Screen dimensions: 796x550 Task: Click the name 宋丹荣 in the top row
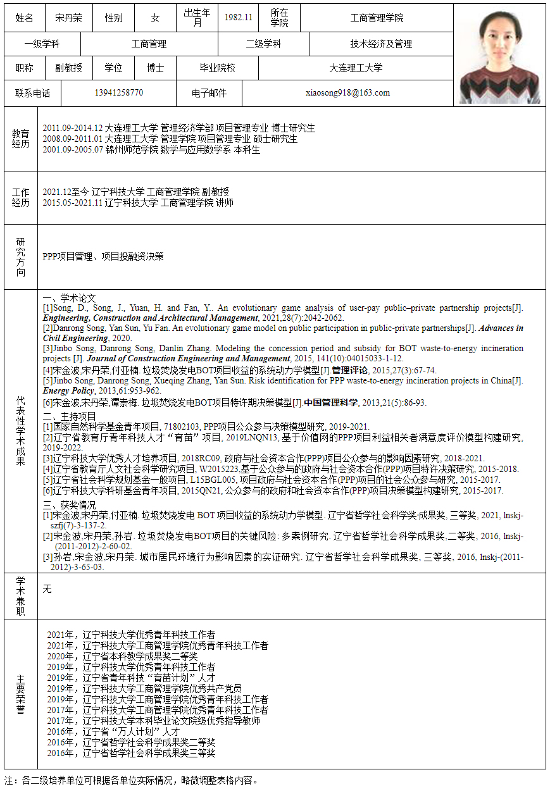[x=68, y=18]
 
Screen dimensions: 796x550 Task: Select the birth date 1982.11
[x=238, y=18]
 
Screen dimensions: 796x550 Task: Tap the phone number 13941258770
[x=118, y=93]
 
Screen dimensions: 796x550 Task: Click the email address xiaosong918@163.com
[x=347, y=93]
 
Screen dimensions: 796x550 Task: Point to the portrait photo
[x=500, y=55]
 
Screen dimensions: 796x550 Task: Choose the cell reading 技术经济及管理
[x=381, y=44]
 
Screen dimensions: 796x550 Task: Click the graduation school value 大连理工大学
[x=356, y=68]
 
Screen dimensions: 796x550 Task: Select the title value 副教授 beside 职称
[x=68, y=68]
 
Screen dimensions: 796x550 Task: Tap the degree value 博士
[x=155, y=68]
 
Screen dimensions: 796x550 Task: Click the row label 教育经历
[x=21, y=139]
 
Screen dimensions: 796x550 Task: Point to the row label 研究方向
[x=21, y=257]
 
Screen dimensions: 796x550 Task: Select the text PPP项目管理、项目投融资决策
[x=103, y=256]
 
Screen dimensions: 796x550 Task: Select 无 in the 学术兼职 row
[x=47, y=589]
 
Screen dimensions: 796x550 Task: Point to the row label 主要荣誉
[x=21, y=694]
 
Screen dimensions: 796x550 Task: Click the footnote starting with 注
[x=132, y=780]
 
